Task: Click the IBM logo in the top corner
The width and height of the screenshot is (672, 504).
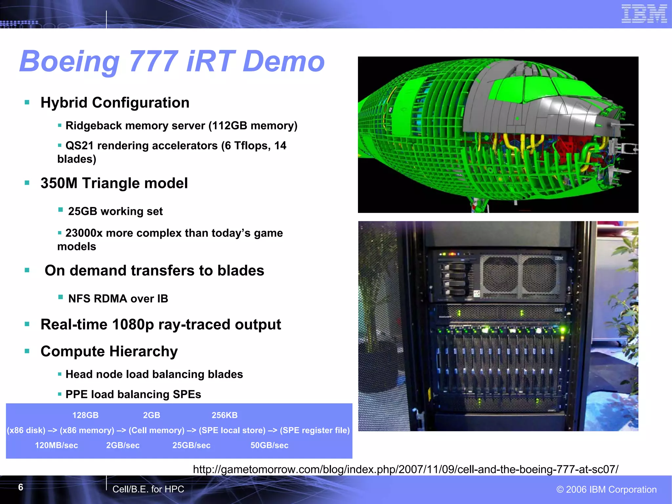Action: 644,14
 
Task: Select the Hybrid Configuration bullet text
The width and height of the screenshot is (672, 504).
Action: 115,103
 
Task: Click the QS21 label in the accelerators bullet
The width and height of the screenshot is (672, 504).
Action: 79,146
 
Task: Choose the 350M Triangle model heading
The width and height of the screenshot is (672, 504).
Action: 114,183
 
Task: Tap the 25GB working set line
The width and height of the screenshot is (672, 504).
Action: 115,211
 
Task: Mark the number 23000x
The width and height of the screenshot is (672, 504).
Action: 84,233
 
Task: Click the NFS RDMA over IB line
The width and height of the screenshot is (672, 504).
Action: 118,299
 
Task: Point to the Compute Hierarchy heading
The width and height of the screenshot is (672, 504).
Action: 109,351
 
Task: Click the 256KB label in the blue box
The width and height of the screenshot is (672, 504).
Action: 224,415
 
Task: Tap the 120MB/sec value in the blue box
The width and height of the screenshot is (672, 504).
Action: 56,445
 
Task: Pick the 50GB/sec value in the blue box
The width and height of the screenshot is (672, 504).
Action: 269,445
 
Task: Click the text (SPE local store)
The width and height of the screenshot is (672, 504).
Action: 232,430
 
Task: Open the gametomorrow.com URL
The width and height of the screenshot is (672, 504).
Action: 405,469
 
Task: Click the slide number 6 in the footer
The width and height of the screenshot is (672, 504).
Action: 21,487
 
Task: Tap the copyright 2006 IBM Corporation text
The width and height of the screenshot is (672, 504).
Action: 606,489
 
